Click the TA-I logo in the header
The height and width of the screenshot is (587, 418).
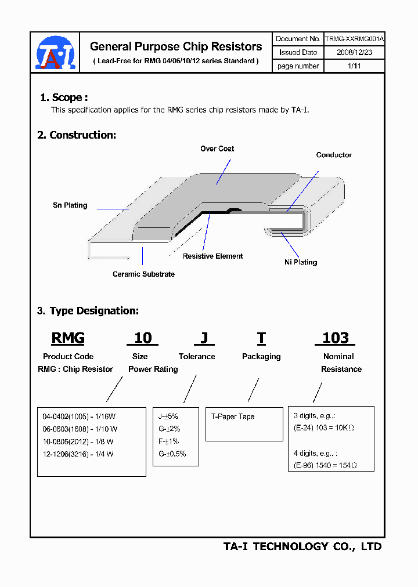pyautogui.click(x=56, y=53)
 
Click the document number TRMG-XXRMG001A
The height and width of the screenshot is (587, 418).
pyautogui.click(x=354, y=39)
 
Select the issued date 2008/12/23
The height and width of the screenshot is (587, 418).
pyautogui.click(x=354, y=52)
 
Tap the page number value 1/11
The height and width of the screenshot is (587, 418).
pyautogui.click(x=354, y=66)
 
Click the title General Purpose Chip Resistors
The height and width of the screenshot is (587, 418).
pyautogui.click(x=176, y=46)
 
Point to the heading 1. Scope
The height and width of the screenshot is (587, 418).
pyautogui.click(x=64, y=97)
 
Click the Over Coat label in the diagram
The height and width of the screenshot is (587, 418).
pyautogui.click(x=217, y=149)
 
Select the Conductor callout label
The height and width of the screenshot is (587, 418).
pyautogui.click(x=334, y=155)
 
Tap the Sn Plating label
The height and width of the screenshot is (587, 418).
pyautogui.click(x=70, y=205)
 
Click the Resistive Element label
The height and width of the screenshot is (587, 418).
pyautogui.click(x=212, y=256)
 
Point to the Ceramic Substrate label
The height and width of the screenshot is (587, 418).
pyautogui.click(x=143, y=274)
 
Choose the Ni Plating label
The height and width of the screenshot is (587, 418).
pyautogui.click(x=301, y=262)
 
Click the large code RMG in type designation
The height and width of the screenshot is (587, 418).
pyautogui.click(x=68, y=338)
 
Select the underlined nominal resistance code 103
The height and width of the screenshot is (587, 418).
pyautogui.click(x=335, y=338)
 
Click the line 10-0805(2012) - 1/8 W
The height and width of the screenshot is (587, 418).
pyautogui.click(x=78, y=441)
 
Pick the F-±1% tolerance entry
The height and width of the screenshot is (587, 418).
pyautogui.click(x=169, y=441)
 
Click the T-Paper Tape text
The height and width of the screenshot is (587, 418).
pyautogui.click(x=233, y=416)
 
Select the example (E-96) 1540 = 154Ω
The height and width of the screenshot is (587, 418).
pyautogui.click(x=324, y=466)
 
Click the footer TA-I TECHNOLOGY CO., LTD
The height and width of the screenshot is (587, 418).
pyautogui.click(x=302, y=546)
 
